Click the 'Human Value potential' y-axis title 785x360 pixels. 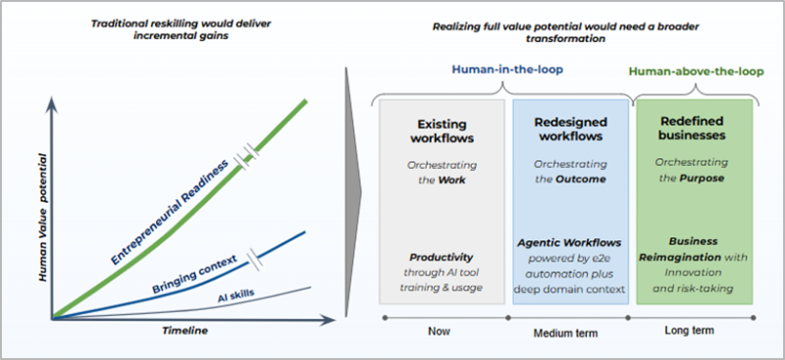(x=43, y=217)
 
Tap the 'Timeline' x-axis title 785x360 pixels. (x=184, y=331)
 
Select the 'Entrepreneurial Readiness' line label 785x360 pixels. (x=171, y=211)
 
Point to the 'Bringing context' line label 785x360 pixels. (x=194, y=275)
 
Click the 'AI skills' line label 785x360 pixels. (x=235, y=297)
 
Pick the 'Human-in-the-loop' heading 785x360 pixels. (x=507, y=70)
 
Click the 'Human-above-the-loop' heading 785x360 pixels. (x=697, y=72)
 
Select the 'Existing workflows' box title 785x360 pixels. (x=442, y=130)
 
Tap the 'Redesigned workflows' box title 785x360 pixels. (x=570, y=129)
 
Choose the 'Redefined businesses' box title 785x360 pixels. (x=692, y=129)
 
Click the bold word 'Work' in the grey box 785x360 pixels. (x=451, y=180)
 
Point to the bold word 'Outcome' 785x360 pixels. (x=581, y=179)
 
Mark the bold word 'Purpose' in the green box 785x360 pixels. (x=702, y=179)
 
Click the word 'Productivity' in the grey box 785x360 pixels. (x=441, y=257)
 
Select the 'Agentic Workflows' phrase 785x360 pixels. (x=569, y=243)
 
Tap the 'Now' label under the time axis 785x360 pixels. (x=439, y=331)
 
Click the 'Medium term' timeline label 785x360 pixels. (x=565, y=333)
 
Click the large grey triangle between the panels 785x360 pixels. (x=353, y=192)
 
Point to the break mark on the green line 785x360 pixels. (x=248, y=157)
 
